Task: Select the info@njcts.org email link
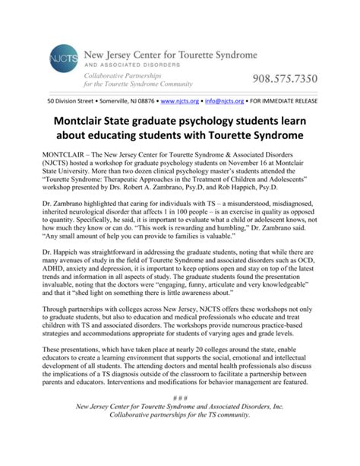pos(224,100)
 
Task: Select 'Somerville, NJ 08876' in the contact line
pos(127,100)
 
